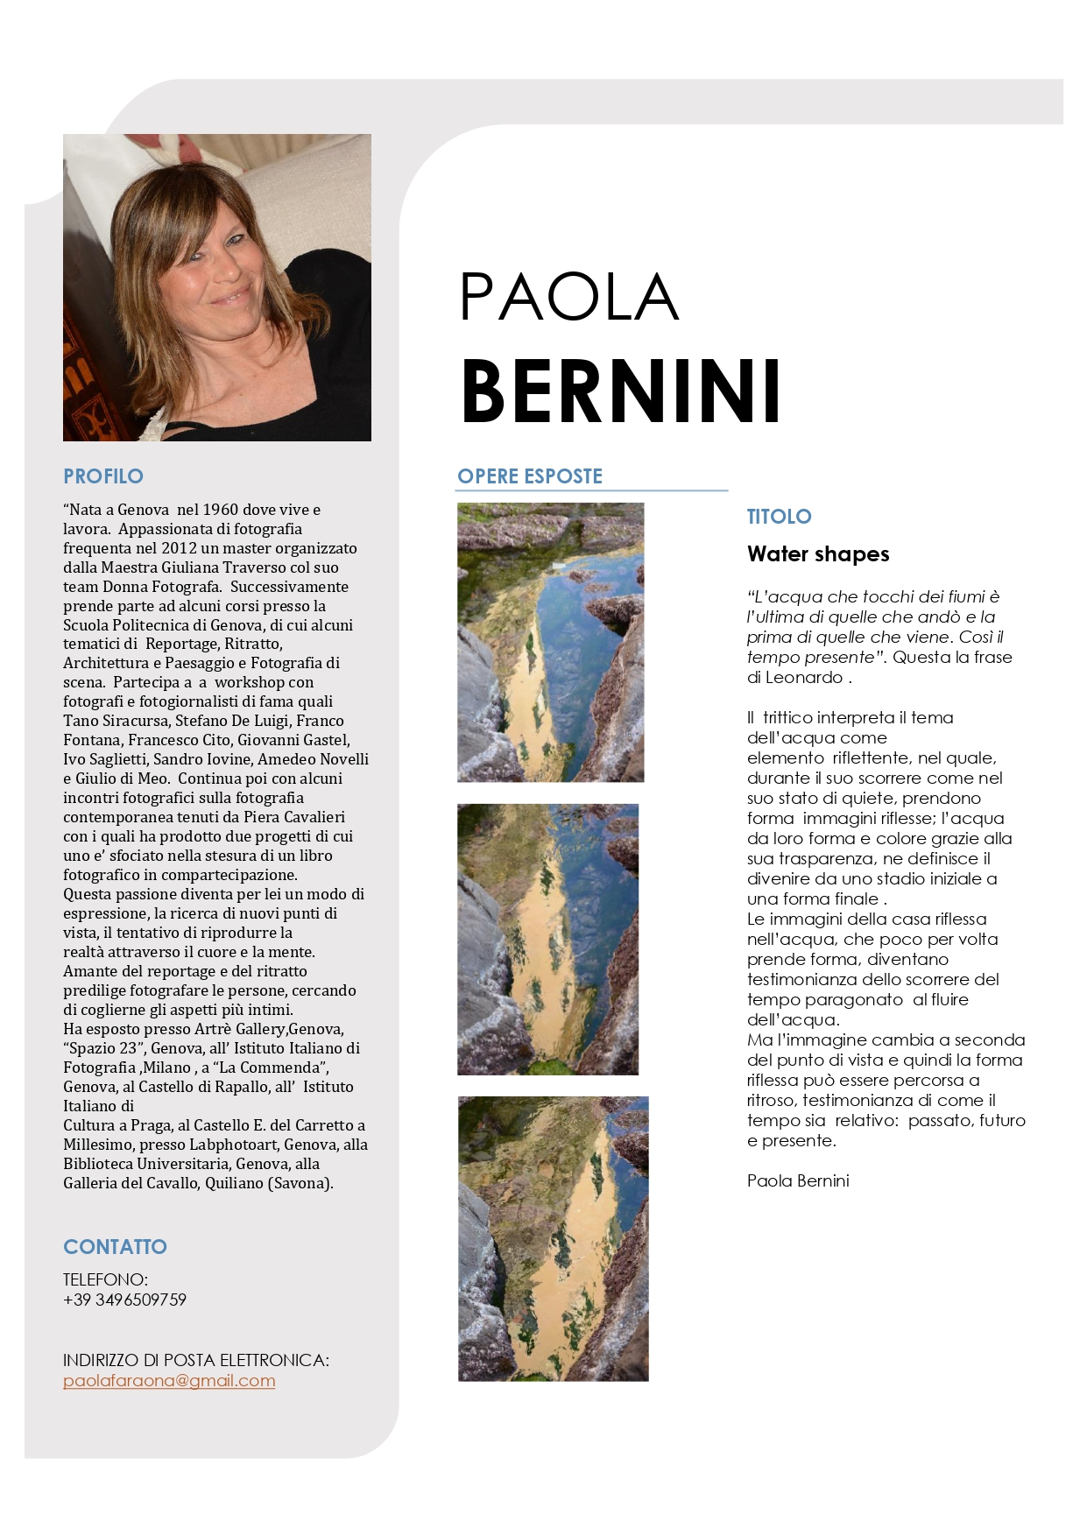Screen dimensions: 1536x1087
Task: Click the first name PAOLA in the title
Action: [569, 297]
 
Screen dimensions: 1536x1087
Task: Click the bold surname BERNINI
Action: [620, 391]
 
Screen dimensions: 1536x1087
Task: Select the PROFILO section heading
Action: [103, 476]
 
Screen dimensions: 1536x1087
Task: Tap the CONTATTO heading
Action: [115, 1247]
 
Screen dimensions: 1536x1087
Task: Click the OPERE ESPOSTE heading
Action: [530, 476]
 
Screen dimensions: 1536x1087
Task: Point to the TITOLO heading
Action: [779, 517]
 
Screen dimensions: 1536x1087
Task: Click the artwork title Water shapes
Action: [818, 554]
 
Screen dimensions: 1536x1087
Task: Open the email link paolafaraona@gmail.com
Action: [169, 1381]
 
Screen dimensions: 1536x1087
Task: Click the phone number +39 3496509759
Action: [124, 1300]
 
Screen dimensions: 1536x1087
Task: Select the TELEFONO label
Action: [105, 1279]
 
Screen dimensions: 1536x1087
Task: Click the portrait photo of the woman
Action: [217, 287]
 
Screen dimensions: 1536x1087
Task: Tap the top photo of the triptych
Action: [550, 642]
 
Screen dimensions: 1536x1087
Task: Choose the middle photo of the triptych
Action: [547, 939]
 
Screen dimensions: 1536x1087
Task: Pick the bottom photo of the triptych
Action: [553, 1238]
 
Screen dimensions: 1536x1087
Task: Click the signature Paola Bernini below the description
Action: [798, 1180]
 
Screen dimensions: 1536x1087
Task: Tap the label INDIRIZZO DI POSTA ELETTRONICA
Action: [196, 1360]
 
